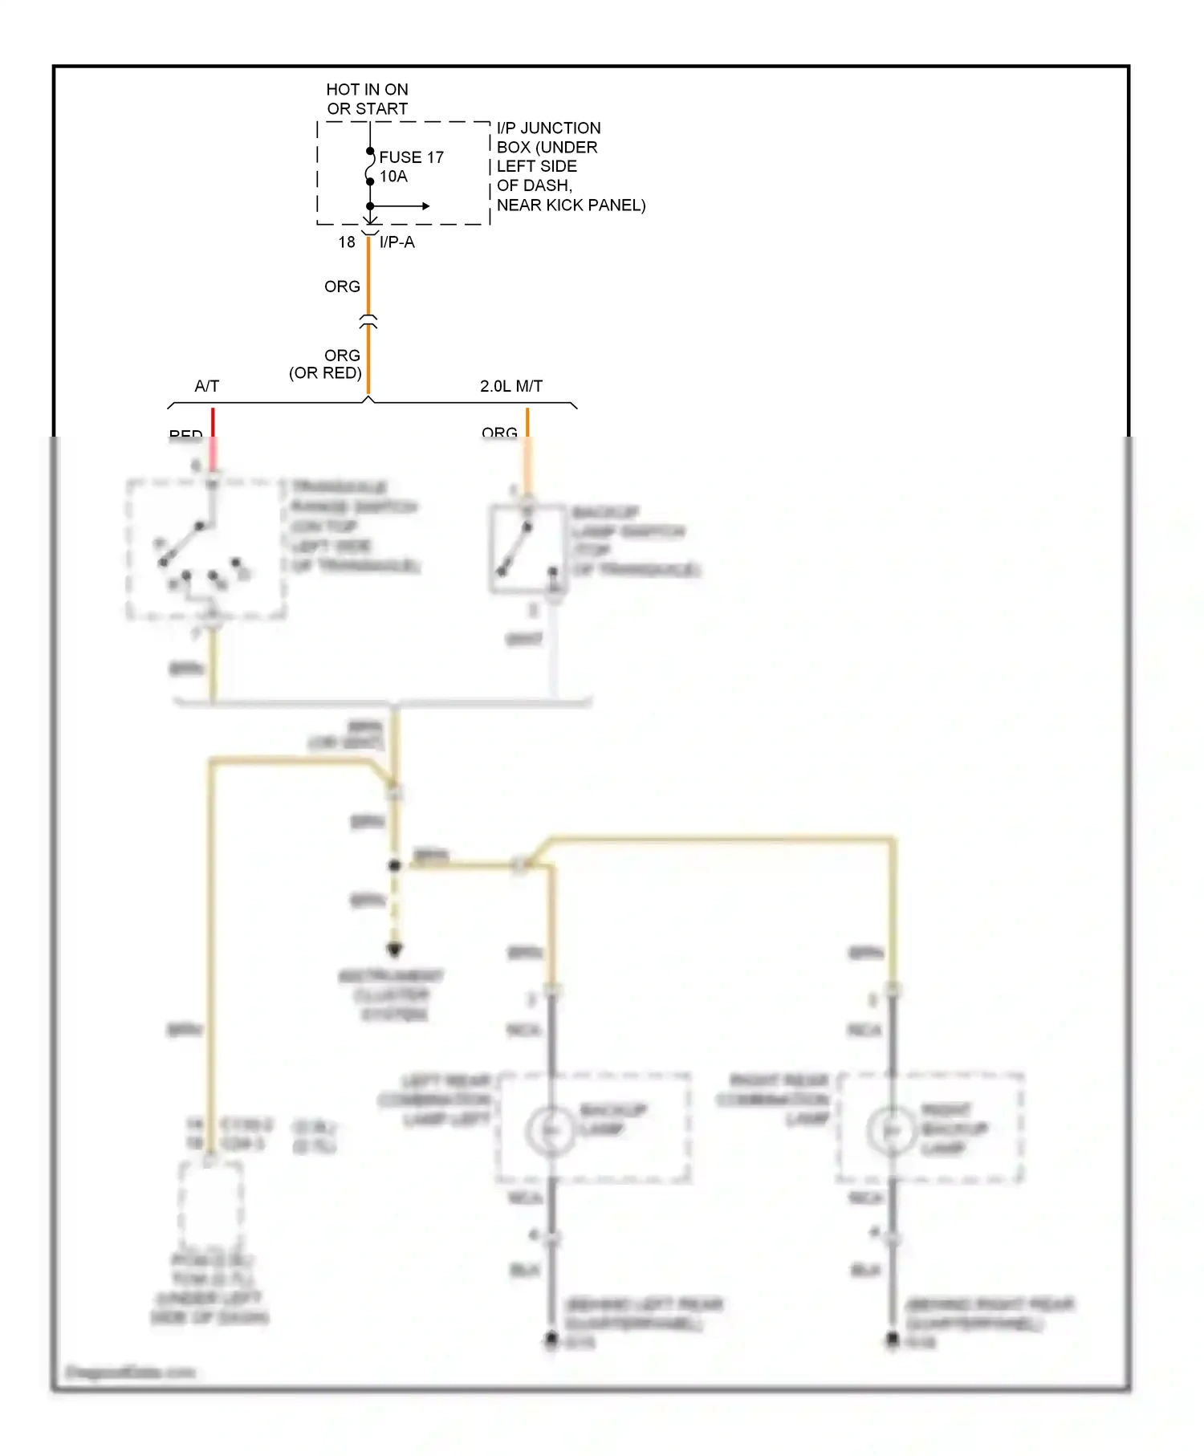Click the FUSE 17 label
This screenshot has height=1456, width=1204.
click(411, 157)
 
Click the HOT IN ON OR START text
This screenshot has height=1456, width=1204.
click(367, 99)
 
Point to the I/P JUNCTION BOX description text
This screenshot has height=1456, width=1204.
click(570, 166)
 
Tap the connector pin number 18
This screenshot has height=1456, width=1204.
click(346, 242)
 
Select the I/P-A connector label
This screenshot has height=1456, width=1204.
click(397, 242)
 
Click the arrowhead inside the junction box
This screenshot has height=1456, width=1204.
click(426, 206)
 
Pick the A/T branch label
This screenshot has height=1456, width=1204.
click(206, 386)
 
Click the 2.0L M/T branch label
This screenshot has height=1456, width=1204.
click(510, 386)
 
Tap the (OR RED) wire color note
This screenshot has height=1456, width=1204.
click(325, 373)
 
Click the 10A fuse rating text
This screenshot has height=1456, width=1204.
click(393, 177)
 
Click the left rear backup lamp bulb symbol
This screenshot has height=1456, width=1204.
click(551, 1130)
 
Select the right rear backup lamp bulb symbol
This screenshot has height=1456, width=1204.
click(892, 1130)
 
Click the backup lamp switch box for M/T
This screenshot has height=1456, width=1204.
click(527, 549)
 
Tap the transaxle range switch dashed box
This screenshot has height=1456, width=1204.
click(206, 550)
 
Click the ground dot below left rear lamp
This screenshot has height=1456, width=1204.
click(551, 1338)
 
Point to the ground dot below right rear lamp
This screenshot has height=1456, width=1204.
click(893, 1338)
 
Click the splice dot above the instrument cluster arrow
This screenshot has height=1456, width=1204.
click(394, 865)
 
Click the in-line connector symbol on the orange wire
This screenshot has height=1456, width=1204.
click(368, 322)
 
